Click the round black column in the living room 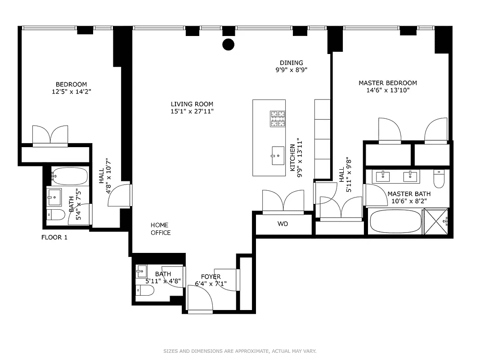229,44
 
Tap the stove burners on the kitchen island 278,119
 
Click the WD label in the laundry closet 283,224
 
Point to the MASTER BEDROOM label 387,83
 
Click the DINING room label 291,63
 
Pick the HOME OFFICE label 161,229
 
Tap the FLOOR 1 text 54,238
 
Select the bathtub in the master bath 395,221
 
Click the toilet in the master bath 439,179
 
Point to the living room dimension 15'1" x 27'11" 192,111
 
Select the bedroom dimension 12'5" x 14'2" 71,91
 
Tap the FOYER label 211,277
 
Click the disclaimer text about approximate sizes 240,351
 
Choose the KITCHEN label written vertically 292,157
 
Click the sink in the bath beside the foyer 142,271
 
